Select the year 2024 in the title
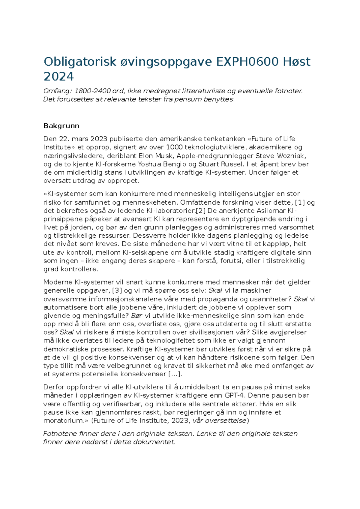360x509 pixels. click(58, 77)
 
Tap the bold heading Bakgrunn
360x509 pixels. click(61, 126)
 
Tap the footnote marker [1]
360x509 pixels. click(300, 202)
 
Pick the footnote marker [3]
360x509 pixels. click(117, 291)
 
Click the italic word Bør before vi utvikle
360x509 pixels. click(137, 316)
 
